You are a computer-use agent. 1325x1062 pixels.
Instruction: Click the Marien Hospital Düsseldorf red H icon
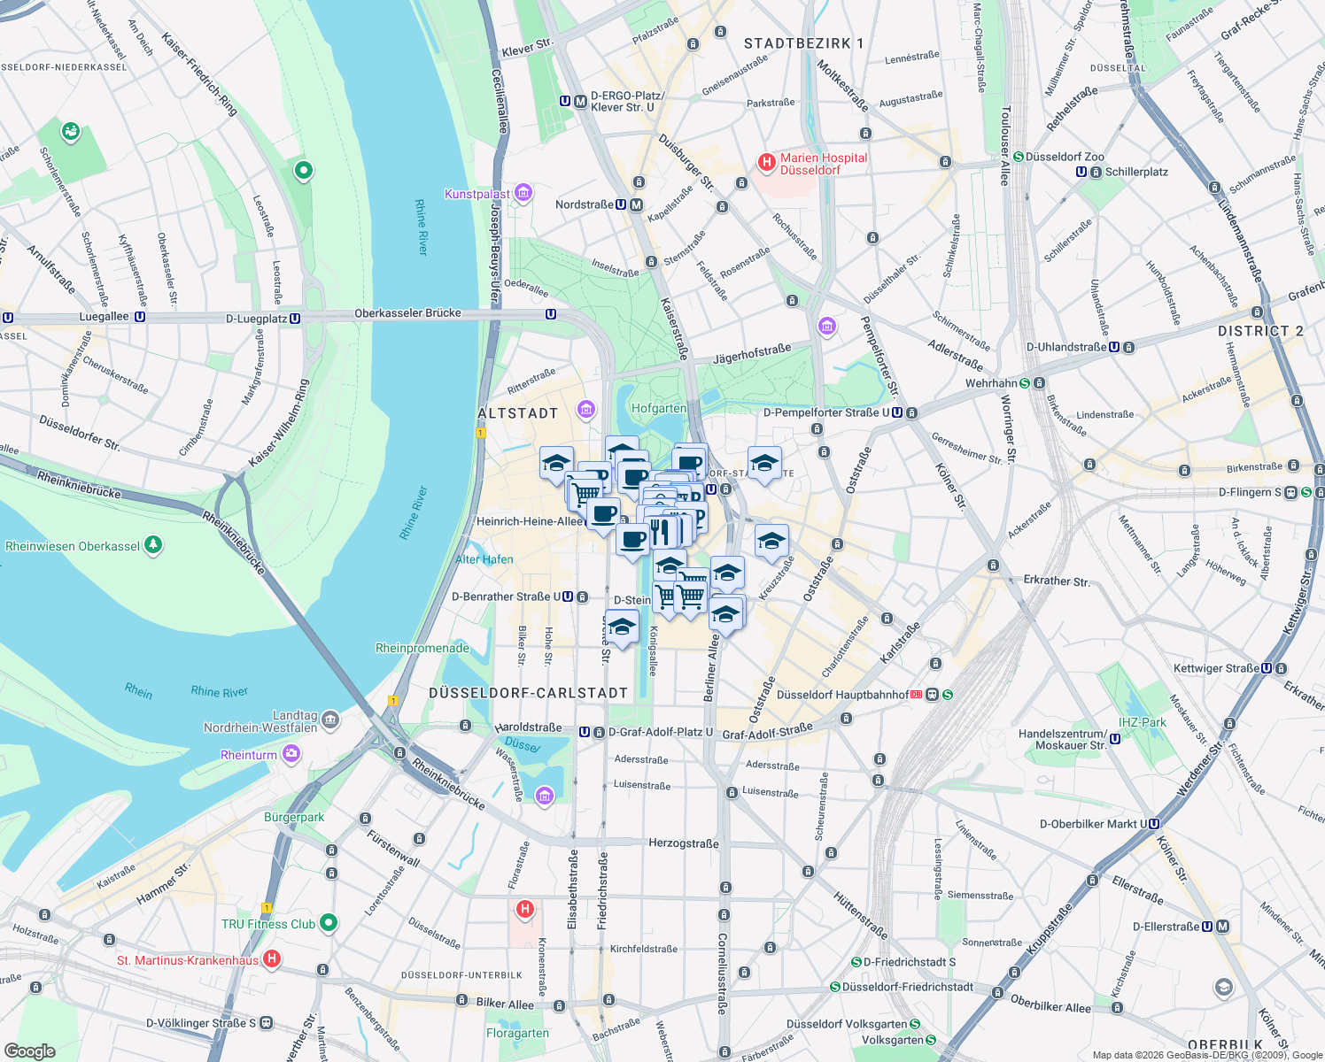[x=767, y=163]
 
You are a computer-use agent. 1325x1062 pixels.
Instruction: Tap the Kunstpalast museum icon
[x=523, y=193]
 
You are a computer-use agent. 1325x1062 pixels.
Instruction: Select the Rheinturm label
[x=249, y=755]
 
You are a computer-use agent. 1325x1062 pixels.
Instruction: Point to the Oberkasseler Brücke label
[x=407, y=313]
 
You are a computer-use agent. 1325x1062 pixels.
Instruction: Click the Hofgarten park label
[x=659, y=408]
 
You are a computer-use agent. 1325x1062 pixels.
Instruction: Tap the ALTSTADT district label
[x=518, y=413]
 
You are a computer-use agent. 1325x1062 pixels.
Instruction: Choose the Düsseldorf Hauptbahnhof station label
[x=842, y=695]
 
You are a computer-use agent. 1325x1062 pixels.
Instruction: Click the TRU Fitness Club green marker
[x=329, y=923]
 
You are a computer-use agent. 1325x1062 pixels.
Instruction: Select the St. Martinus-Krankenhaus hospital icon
[x=272, y=959]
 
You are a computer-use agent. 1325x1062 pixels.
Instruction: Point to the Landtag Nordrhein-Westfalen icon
[x=330, y=720]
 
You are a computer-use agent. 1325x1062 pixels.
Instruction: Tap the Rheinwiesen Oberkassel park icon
[x=153, y=545]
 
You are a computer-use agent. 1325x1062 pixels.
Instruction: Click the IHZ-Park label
[x=1143, y=722]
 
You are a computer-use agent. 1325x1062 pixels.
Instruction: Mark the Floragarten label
[x=517, y=1033]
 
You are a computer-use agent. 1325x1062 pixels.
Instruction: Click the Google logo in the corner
[x=29, y=1050]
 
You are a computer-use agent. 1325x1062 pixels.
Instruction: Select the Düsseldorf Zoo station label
[x=1065, y=157]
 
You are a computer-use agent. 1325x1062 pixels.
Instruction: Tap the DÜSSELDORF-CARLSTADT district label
[x=529, y=693]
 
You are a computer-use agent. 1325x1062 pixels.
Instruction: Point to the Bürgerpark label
[x=294, y=817]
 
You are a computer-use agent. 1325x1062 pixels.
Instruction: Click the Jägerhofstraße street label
[x=752, y=354]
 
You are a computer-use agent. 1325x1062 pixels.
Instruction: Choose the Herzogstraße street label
[x=684, y=843]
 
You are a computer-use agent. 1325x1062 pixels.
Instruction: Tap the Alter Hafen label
[x=484, y=559]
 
